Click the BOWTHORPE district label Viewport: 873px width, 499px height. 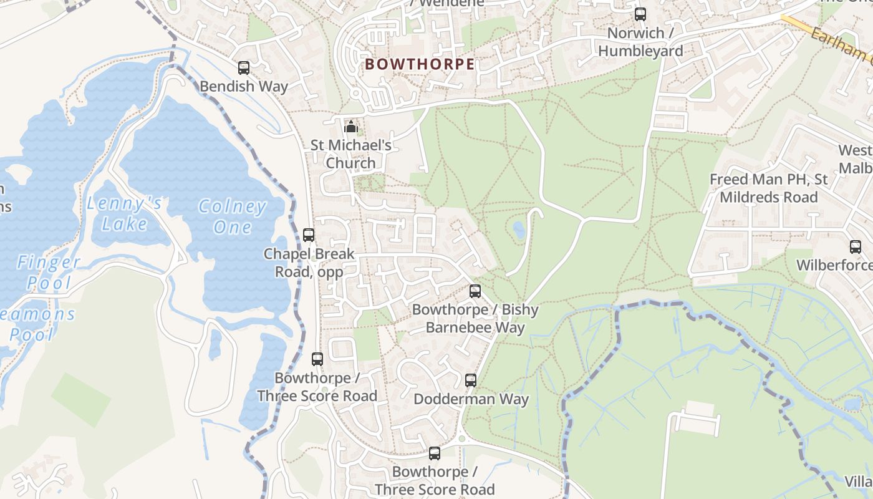[420, 64]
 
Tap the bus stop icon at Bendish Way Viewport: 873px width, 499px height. [244, 68]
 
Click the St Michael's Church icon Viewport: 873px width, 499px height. [351, 127]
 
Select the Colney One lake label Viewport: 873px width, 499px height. [232, 216]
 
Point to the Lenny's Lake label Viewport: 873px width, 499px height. [125, 213]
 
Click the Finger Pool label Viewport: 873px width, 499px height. [49, 273]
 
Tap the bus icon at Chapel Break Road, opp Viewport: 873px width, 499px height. [309, 235]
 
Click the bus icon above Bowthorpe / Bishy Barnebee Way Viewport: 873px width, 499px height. [475, 291]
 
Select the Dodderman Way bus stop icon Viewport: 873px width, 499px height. [471, 380]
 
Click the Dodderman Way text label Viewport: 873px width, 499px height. [471, 399]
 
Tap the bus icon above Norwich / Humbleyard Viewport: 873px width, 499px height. [640, 14]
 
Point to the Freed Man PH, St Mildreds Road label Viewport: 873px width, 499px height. [768, 188]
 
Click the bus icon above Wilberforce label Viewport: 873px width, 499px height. [856, 247]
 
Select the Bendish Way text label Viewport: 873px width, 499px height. [244, 87]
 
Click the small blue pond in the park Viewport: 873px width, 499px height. [519, 230]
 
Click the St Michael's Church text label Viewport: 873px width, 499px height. [351, 154]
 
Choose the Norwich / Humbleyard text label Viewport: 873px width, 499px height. [640, 42]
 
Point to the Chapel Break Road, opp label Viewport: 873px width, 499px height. [309, 263]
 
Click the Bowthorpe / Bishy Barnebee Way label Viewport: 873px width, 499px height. [475, 318]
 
